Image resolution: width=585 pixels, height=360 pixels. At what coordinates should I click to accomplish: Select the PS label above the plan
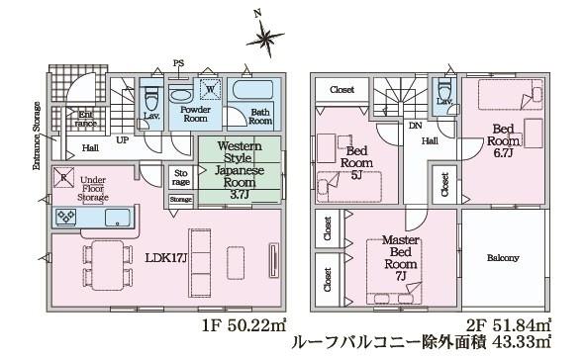179,62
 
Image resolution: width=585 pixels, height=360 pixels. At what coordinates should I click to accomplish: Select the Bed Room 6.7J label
503,137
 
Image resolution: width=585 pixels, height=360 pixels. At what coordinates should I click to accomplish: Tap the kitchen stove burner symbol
66,218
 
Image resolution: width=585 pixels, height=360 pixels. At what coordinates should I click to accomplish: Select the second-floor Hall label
431,141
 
